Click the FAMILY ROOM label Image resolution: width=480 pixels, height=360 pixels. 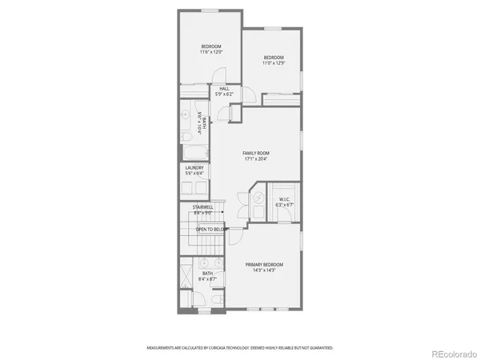coord(256,152)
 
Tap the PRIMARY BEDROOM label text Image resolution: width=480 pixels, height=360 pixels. coord(264,265)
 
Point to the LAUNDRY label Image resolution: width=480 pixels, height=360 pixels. coord(194,168)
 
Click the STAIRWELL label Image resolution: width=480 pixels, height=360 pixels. coord(202,207)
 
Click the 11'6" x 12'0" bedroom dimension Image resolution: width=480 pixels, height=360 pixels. coord(211,52)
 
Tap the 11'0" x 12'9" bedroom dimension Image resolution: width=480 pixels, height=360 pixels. coord(274,62)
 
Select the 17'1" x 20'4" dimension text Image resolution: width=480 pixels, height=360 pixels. coord(256,158)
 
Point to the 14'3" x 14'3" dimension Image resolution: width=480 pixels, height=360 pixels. coord(264,270)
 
